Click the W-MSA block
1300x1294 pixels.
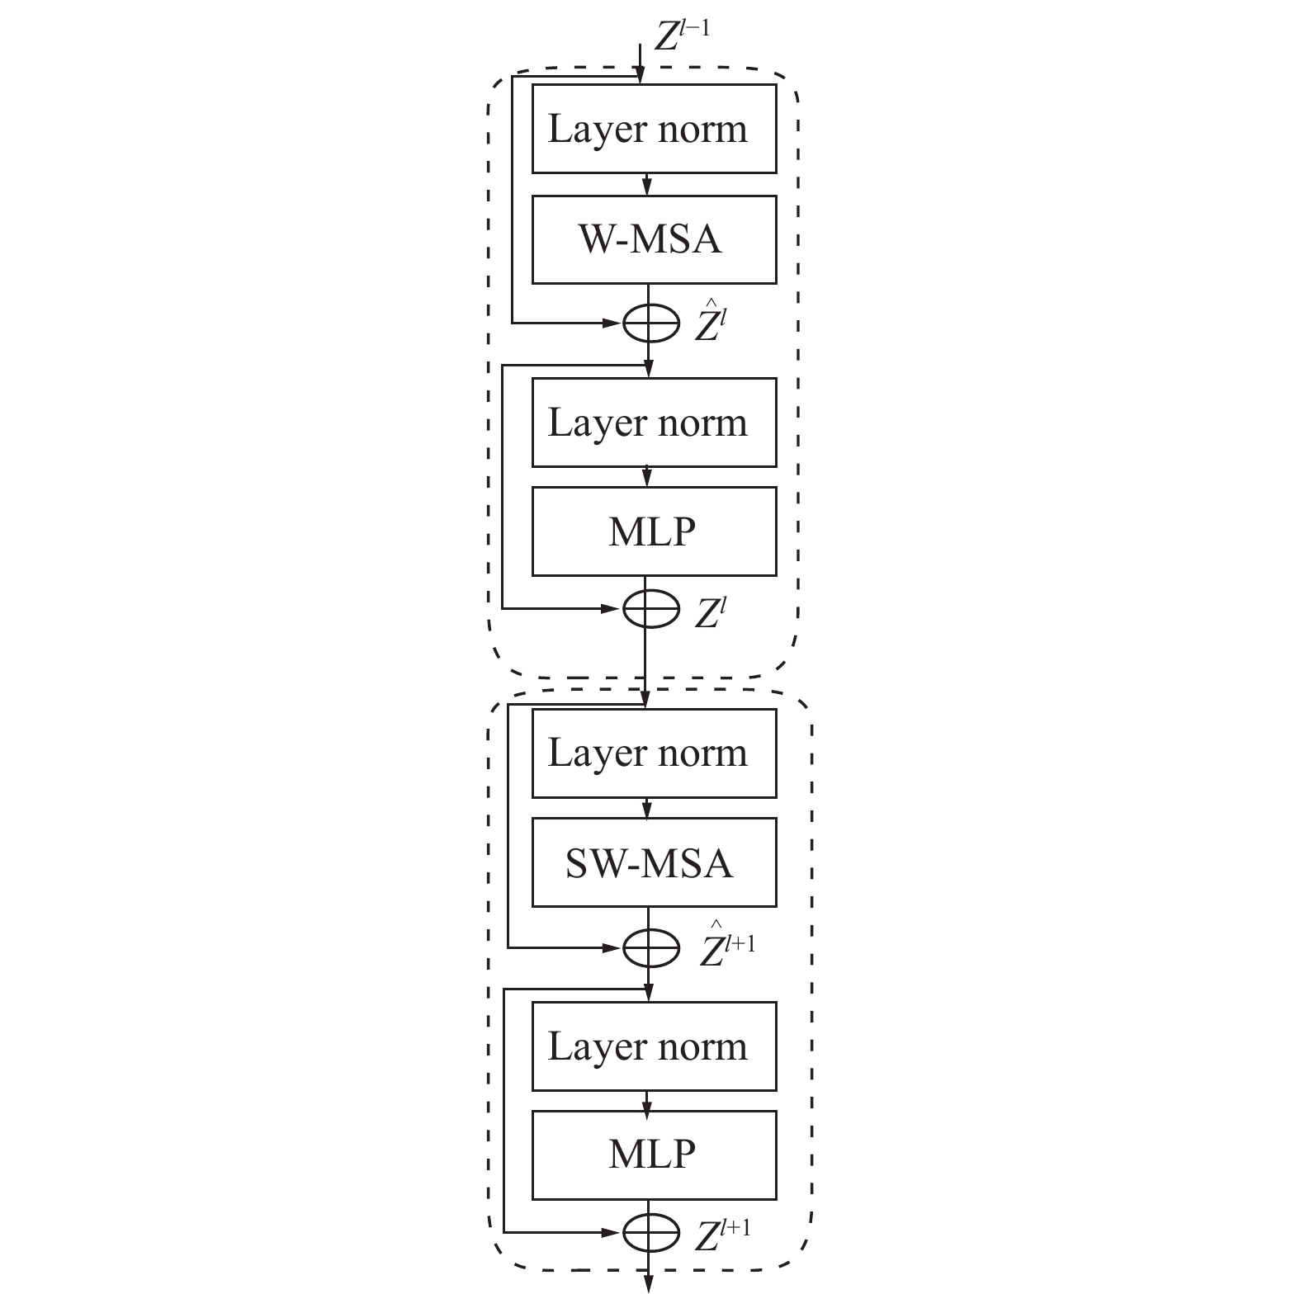tap(654, 239)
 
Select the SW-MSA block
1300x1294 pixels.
tap(654, 862)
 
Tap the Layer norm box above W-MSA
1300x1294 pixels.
tap(654, 129)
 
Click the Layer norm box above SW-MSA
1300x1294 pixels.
tap(654, 753)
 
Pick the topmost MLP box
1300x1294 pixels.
tap(654, 531)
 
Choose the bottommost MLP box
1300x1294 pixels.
tap(654, 1155)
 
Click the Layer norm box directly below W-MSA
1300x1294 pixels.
tap(654, 423)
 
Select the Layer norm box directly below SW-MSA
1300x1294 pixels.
tap(654, 1046)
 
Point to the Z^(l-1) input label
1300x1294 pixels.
tap(682, 36)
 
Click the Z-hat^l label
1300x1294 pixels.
tap(710, 321)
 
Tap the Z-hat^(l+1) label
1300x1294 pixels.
tap(727, 944)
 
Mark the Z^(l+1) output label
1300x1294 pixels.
tap(723, 1234)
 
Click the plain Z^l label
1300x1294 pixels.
tap(710, 612)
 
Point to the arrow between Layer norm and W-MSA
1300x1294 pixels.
tap(648, 184)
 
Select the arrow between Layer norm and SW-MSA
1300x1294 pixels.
tap(648, 808)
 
